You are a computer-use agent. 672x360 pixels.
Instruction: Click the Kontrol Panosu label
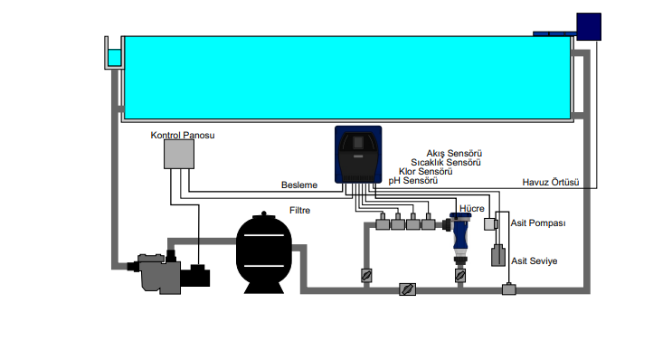pos(183,135)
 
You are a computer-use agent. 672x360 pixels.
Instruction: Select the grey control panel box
pos(179,154)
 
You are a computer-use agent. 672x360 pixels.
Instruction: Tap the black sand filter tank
pos(264,253)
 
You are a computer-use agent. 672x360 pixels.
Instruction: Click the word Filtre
pos(299,211)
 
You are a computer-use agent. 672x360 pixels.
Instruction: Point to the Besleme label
pos(299,185)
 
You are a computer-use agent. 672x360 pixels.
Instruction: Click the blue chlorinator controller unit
pos(358,155)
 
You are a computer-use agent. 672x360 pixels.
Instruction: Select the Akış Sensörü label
pos(454,154)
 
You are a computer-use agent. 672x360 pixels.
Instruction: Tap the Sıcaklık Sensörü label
pos(446,163)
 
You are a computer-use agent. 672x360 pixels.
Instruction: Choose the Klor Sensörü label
pos(426,172)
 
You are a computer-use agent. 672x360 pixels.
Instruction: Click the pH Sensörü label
pos(413,181)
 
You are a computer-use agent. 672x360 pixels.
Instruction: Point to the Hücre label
pos(472,209)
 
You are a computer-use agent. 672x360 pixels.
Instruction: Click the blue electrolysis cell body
pos(459,234)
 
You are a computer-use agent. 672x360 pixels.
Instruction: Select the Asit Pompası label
pos(538,223)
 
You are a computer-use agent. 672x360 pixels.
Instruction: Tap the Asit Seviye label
pos(534,261)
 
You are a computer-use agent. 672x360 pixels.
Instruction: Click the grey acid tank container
pos(498,255)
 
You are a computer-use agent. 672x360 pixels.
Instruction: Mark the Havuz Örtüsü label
pos(550,183)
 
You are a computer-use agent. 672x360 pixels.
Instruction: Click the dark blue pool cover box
pos(589,26)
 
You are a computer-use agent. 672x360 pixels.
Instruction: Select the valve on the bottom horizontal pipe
pos(407,289)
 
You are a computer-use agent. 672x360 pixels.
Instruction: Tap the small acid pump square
pos(491,224)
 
